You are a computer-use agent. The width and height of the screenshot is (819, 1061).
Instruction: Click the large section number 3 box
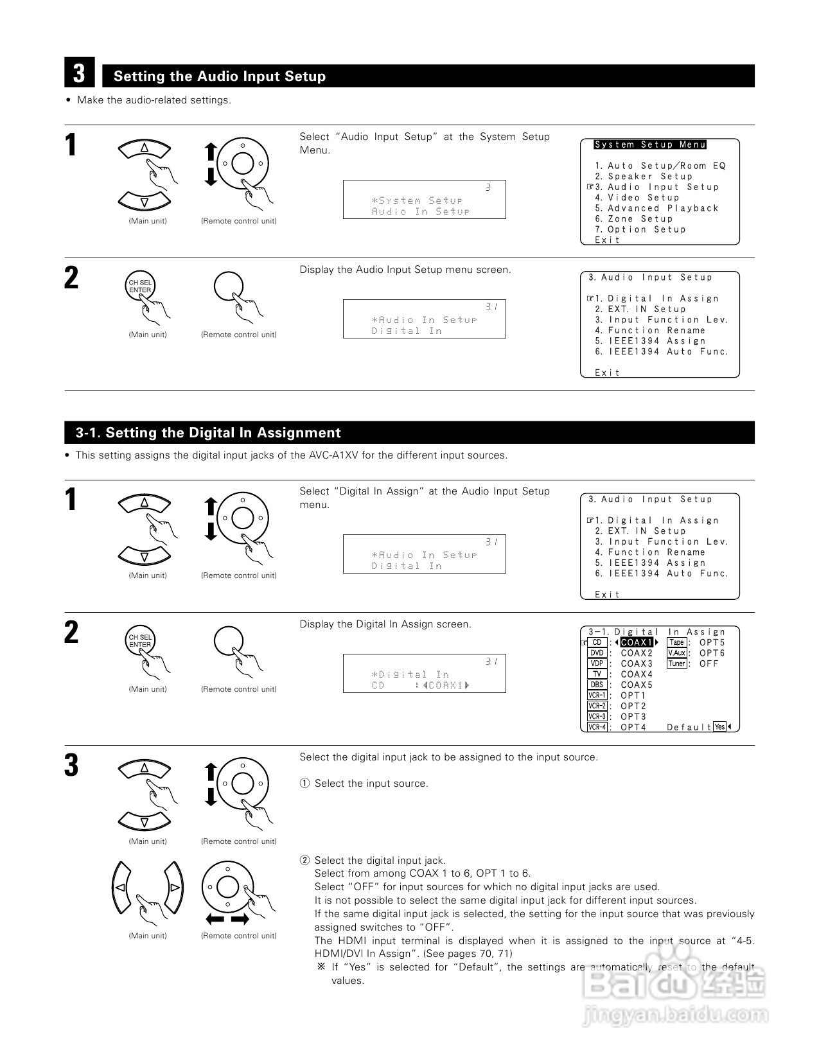[x=79, y=73]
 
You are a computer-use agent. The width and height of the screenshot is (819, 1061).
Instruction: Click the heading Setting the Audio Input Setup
[x=220, y=76]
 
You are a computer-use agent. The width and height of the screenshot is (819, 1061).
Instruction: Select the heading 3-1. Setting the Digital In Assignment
[x=208, y=433]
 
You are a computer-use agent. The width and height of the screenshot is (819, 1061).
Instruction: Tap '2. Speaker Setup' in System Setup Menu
[x=644, y=177]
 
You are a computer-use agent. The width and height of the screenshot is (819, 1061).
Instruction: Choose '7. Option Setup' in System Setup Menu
[x=640, y=229]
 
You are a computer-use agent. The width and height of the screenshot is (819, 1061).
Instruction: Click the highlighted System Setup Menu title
[x=650, y=145]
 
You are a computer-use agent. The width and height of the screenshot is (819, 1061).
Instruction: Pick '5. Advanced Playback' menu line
[x=656, y=208]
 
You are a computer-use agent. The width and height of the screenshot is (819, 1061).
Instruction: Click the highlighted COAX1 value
[x=637, y=642]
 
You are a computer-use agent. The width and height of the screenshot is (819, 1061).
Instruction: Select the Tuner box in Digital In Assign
[x=677, y=663]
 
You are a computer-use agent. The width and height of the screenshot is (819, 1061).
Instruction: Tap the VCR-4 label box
[x=597, y=727]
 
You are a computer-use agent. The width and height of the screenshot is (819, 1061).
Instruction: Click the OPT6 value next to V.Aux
[x=712, y=653]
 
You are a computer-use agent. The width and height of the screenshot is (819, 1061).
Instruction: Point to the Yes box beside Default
[x=719, y=727]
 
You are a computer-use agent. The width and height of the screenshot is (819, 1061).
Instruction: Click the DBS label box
[x=597, y=685]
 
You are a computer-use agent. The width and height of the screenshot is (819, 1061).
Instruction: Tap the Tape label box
[x=677, y=642]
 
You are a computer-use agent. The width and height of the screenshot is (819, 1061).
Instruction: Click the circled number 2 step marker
[x=305, y=861]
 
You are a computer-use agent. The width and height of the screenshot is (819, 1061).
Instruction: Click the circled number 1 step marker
[x=305, y=784]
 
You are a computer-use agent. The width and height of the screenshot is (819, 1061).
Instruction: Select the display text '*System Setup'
[x=417, y=200]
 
